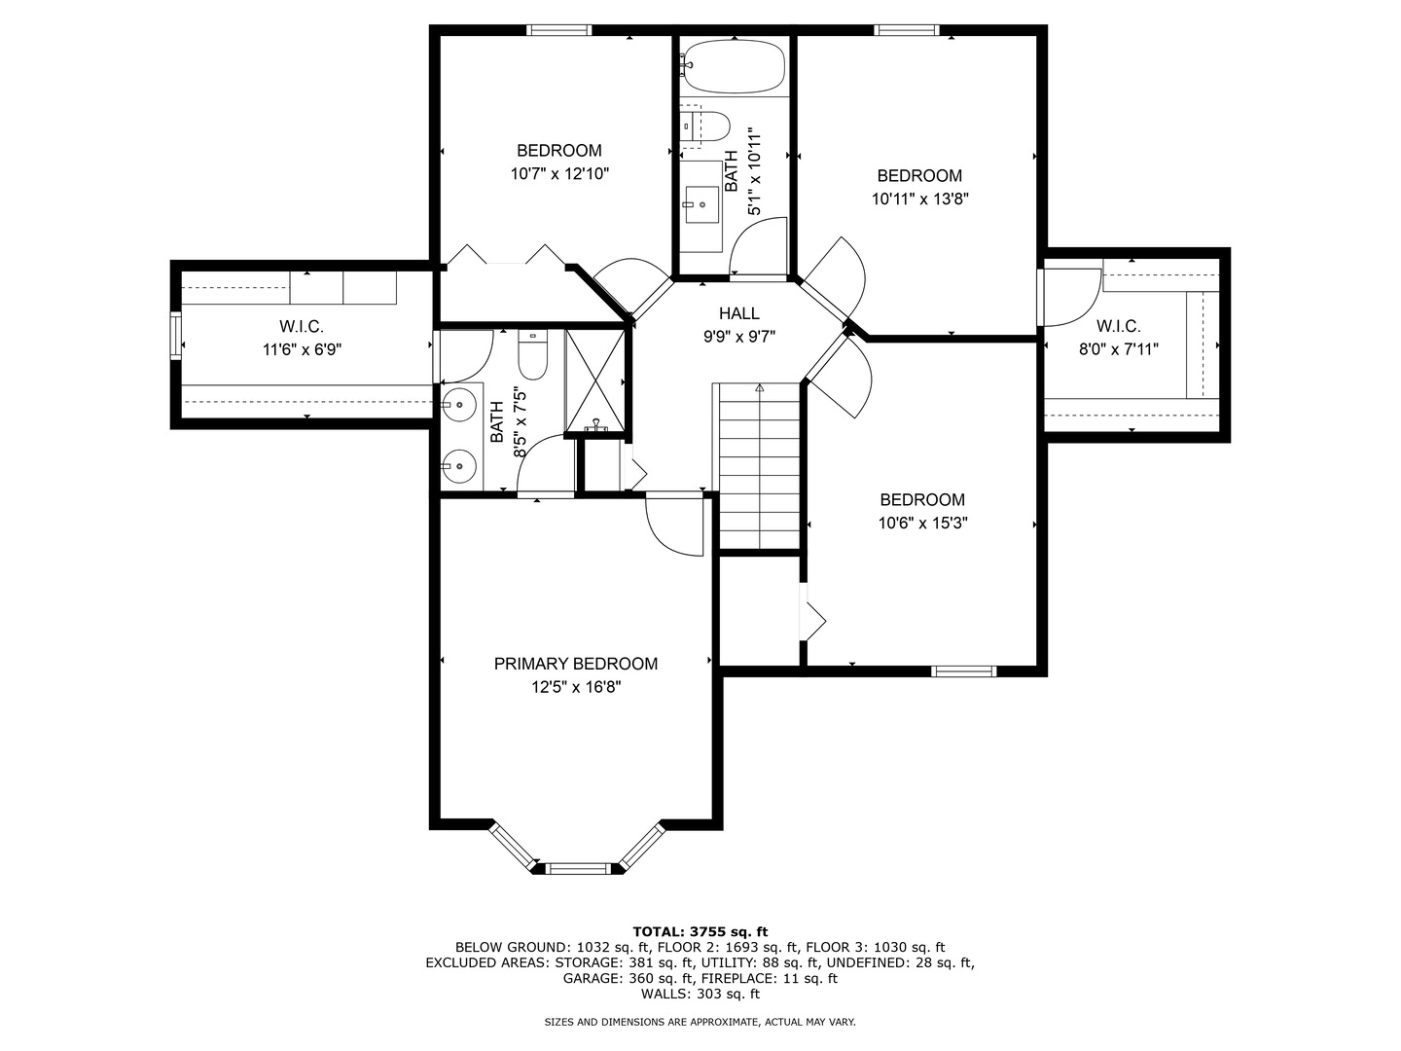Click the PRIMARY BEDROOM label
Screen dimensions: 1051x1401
click(x=575, y=664)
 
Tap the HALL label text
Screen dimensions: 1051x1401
click(x=739, y=313)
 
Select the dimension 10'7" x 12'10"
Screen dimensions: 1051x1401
click(x=559, y=174)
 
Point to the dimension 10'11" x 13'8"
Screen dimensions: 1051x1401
click(x=919, y=199)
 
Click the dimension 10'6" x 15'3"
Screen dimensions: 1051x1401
click(x=922, y=524)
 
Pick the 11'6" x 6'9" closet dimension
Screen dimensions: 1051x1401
click(x=302, y=349)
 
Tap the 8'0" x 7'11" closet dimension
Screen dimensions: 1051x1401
click(x=1118, y=349)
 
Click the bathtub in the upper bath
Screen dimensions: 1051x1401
click(x=733, y=65)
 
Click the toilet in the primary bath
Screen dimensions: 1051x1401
click(x=533, y=356)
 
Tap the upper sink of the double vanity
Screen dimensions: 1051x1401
click(x=459, y=402)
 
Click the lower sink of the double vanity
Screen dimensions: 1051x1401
click(x=459, y=467)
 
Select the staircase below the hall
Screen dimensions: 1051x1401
click(x=759, y=467)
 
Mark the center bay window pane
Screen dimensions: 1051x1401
click(x=578, y=866)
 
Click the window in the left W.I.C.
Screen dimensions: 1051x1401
click(x=176, y=336)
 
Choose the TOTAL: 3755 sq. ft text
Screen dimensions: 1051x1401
click(x=700, y=931)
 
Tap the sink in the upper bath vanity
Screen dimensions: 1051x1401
click(x=700, y=205)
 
